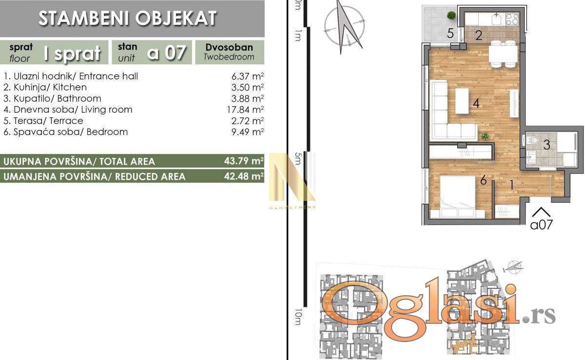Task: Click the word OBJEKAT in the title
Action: [x=176, y=19]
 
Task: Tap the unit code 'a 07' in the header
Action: [x=167, y=52]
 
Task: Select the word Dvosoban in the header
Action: [x=229, y=47]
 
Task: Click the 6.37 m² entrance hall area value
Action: [x=247, y=76]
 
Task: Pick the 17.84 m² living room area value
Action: [x=245, y=110]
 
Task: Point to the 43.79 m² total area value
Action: [x=244, y=161]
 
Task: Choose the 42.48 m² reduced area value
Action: [x=244, y=176]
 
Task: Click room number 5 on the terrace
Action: [x=450, y=34]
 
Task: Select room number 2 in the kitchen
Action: [x=478, y=36]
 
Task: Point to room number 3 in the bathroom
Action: [x=546, y=145]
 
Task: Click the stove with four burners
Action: [x=512, y=19]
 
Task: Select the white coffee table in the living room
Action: [x=462, y=101]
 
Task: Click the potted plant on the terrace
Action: [x=451, y=16]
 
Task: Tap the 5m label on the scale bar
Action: [x=297, y=158]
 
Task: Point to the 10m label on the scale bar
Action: [x=298, y=317]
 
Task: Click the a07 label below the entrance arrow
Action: [x=542, y=225]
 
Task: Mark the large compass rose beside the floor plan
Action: [x=344, y=27]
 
